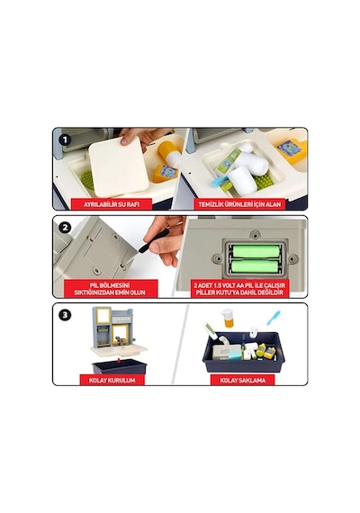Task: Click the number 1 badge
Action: (65, 140)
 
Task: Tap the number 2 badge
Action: (65, 228)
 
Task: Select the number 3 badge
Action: (65, 315)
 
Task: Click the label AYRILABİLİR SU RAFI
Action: (112, 204)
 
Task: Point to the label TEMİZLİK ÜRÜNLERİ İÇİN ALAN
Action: (239, 204)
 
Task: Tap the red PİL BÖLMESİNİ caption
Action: (111, 289)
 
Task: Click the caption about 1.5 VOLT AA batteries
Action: (240, 289)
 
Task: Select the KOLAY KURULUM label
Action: (112, 380)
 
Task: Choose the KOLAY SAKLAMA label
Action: (242, 380)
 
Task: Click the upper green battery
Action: (256, 251)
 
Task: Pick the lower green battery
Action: (256, 266)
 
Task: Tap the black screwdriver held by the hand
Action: (153, 241)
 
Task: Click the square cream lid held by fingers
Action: (119, 167)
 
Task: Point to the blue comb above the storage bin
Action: (274, 318)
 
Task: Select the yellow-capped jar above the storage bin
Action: (228, 318)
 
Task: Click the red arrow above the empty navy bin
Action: (119, 360)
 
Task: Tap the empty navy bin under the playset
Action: (120, 366)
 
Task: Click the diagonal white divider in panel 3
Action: (180, 344)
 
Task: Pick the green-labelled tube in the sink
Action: (229, 162)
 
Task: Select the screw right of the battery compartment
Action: (292, 259)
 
